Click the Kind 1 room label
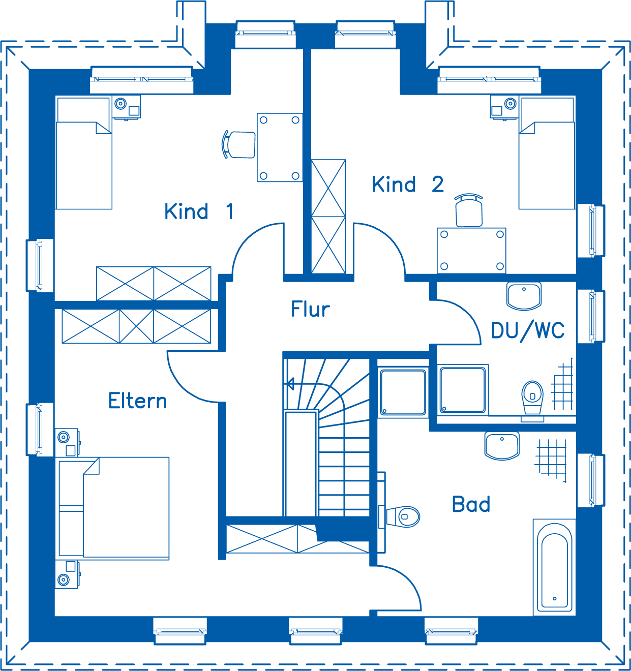point(199,211)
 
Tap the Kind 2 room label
point(408,184)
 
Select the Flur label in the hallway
point(310,309)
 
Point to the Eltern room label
point(138,401)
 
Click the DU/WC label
point(528,331)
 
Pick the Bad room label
point(471,504)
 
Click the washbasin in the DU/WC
point(524,296)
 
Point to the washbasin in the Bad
point(502,446)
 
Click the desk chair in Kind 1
point(238,144)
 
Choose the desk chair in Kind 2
point(468,210)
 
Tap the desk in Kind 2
point(471,251)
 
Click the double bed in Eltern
point(114,508)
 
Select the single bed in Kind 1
point(84,154)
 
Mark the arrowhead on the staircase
point(290,384)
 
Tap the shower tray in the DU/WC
point(463,390)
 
